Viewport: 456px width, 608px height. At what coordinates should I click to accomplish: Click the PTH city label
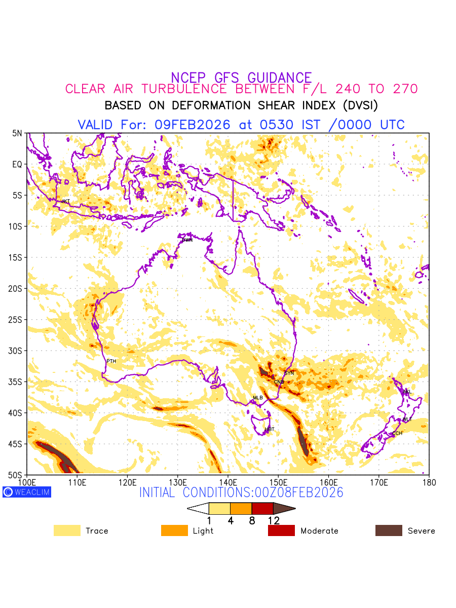pyautogui.click(x=111, y=361)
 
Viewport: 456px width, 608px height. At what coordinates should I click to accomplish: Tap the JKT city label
pyautogui.click(x=65, y=202)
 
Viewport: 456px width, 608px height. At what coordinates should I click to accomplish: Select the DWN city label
pyautogui.click(x=187, y=240)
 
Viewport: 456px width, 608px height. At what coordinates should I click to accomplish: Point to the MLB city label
pyautogui.click(x=258, y=398)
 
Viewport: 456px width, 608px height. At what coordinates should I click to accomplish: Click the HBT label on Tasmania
pyautogui.click(x=270, y=430)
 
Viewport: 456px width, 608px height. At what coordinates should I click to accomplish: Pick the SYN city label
pyautogui.click(x=289, y=373)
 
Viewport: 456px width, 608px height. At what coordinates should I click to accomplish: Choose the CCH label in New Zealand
pyautogui.click(x=397, y=433)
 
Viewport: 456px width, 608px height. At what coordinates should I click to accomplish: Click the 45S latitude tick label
pyautogui.click(x=18, y=444)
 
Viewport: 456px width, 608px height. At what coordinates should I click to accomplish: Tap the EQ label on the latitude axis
pyautogui.click(x=18, y=165)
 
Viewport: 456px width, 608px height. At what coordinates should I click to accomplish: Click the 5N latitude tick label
pyautogui.click(x=18, y=133)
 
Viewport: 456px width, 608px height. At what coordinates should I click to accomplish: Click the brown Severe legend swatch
pyautogui.click(x=389, y=530)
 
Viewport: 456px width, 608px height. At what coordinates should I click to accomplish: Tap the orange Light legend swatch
pyautogui.click(x=174, y=530)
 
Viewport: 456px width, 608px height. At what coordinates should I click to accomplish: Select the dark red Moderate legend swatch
pyautogui.click(x=281, y=530)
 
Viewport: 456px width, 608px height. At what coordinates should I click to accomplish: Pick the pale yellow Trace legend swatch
pyautogui.click(x=67, y=530)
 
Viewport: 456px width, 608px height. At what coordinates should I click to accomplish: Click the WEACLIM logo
pyautogui.click(x=27, y=492)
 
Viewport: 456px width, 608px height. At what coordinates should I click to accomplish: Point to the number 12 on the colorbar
pyautogui.click(x=274, y=520)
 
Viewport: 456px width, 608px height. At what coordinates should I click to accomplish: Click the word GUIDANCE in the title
pyautogui.click(x=280, y=78)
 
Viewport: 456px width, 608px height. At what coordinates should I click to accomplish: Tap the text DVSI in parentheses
pyautogui.click(x=359, y=105)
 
